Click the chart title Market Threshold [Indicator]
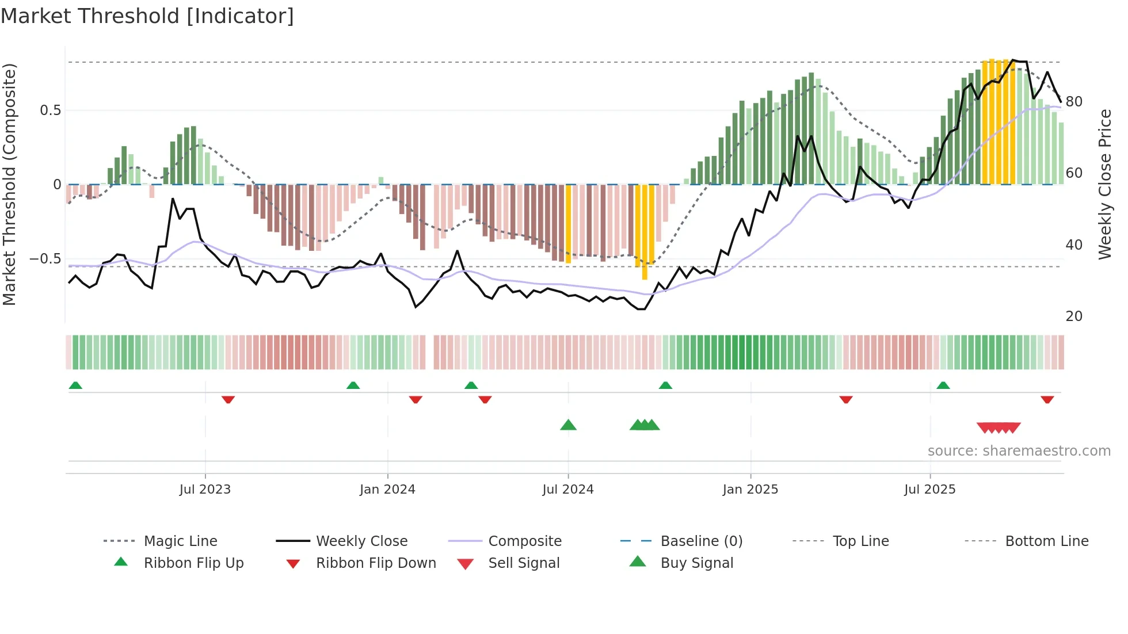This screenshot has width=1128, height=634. tap(147, 16)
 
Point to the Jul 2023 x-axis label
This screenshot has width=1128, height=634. tap(205, 490)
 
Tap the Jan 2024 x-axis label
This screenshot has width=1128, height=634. tap(387, 490)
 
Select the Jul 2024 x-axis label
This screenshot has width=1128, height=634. tap(568, 490)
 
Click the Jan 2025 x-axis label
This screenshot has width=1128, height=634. tap(750, 490)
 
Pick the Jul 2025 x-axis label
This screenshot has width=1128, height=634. tap(930, 490)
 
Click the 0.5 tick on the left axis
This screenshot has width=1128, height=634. tap(51, 110)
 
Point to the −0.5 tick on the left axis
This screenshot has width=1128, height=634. tap(45, 259)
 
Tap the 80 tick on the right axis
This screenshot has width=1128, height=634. tap(1074, 102)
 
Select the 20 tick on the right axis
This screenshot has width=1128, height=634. tap(1074, 316)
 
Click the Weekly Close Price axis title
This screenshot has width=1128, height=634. tap(1104, 184)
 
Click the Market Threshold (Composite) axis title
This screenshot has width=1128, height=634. tap(10, 184)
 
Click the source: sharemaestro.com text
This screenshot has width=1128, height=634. tap(1019, 451)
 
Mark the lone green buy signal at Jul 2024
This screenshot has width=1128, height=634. tap(568, 425)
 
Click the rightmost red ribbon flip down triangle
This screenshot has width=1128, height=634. tap(1047, 399)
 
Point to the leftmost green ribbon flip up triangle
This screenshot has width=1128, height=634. tap(75, 385)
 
